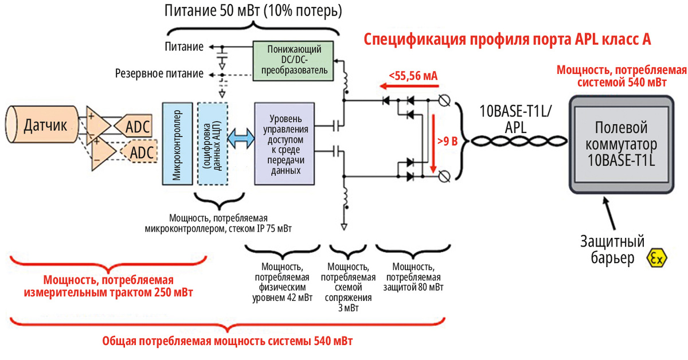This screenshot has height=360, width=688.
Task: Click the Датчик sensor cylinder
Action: (43, 125)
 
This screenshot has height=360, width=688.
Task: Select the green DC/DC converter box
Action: (294, 59)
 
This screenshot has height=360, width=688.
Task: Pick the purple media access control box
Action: (284, 143)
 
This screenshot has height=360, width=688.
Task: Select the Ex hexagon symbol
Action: (656, 259)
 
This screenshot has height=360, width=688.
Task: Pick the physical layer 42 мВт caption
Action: (283, 282)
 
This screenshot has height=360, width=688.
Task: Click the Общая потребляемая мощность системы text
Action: (227, 342)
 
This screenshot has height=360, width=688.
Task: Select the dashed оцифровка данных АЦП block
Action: (212, 143)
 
